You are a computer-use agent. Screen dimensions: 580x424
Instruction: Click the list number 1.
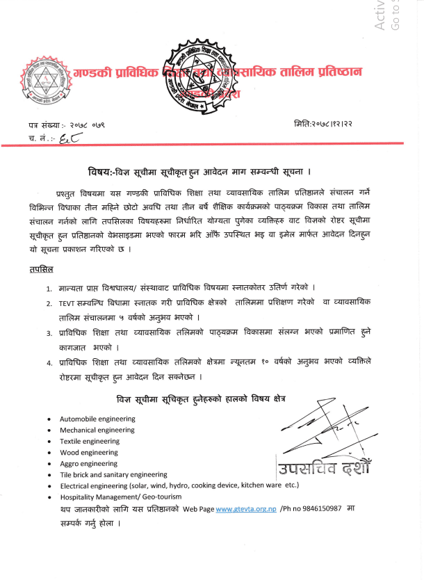coord(49,288)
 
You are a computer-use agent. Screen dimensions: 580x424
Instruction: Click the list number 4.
coord(49,362)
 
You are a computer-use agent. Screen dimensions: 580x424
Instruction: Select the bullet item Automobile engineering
coord(92,419)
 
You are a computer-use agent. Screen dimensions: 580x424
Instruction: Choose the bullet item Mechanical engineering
coord(97,430)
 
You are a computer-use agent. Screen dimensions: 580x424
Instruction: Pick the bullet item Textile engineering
coord(90,442)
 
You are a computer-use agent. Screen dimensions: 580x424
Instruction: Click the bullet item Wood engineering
coord(89,452)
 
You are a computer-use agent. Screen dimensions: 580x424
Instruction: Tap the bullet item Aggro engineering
coord(89,463)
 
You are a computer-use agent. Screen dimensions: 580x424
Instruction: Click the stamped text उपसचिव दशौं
coord(323,469)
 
